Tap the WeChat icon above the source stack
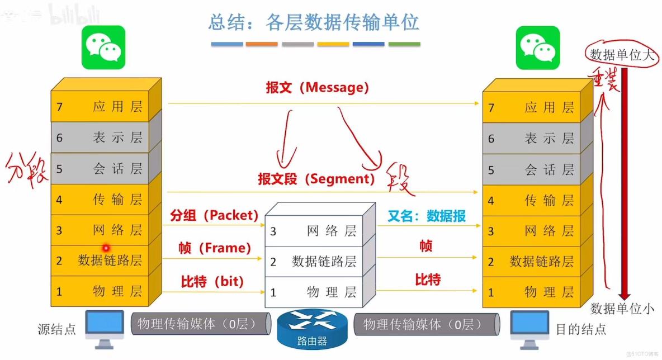click(x=103, y=48)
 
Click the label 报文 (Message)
click(x=317, y=88)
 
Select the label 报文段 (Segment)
click(x=316, y=178)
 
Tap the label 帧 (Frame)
click(x=215, y=248)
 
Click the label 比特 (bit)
click(x=212, y=281)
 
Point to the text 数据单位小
click(x=622, y=308)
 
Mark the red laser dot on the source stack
click(x=105, y=248)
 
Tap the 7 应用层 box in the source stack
click(x=106, y=107)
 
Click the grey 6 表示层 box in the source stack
click(x=106, y=138)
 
